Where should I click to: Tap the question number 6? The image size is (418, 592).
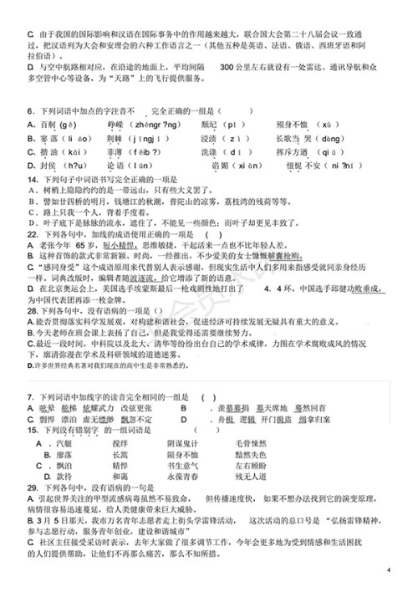click(x=29, y=110)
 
